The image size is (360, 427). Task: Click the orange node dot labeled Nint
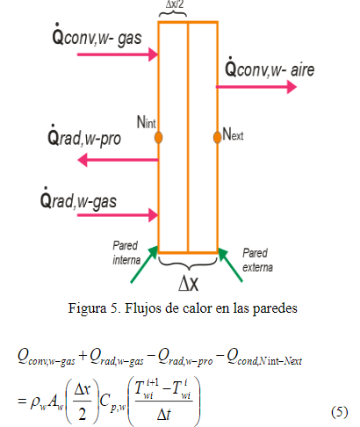tap(158, 137)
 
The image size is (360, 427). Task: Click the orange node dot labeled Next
tap(217, 137)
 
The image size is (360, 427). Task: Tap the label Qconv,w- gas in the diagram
tap(97, 35)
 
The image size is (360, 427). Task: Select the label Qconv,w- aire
tap(270, 68)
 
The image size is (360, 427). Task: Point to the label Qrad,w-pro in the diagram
tap(84, 136)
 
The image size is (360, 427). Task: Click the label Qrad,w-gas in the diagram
tap(78, 199)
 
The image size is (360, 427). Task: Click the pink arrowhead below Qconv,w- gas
tap(154, 54)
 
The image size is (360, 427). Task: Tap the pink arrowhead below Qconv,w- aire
tap(292, 87)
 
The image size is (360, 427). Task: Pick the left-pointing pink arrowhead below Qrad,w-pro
tap(83, 160)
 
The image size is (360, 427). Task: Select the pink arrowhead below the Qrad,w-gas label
tap(154, 215)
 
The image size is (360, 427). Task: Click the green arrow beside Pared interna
tap(144, 264)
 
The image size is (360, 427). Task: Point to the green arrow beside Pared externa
tap(230, 265)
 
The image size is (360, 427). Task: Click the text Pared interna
tap(126, 252)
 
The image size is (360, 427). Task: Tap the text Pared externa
tap(257, 260)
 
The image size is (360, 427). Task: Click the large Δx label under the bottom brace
tap(188, 283)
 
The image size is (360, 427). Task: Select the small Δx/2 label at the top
tap(175, 4)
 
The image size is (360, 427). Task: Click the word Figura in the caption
tap(87, 308)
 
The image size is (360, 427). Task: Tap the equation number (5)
tap(340, 412)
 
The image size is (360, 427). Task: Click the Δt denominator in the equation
tap(164, 415)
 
